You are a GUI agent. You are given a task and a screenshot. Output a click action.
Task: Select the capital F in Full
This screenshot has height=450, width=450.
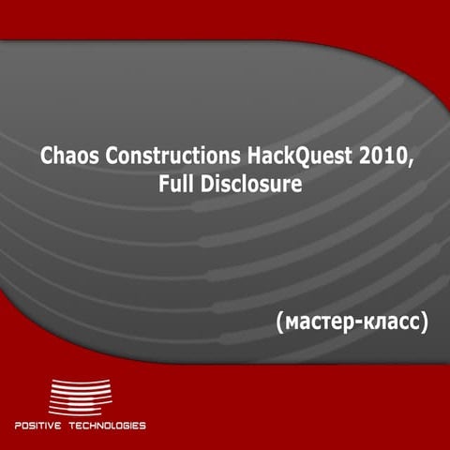(x=163, y=185)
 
